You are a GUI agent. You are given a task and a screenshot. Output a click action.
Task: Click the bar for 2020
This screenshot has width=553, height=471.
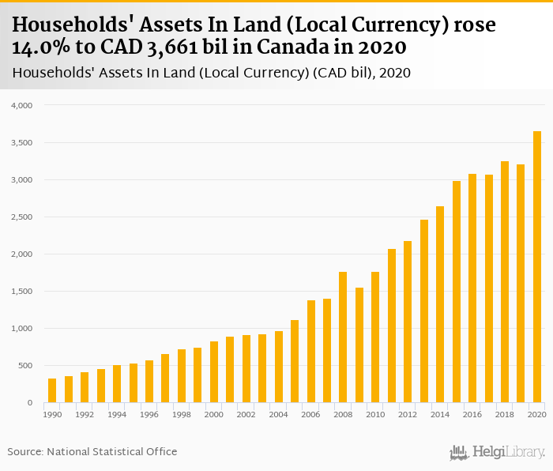pos(537,267)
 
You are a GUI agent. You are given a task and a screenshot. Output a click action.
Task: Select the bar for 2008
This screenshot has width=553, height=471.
pos(343,337)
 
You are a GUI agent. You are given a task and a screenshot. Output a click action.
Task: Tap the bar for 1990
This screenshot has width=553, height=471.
pos(52,390)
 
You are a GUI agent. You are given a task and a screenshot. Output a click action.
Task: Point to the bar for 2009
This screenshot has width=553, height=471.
pos(359,345)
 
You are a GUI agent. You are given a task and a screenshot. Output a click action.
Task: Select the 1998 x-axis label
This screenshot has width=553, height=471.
pos(182,414)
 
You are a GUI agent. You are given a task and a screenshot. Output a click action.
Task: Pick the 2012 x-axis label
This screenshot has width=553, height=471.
pos(408,414)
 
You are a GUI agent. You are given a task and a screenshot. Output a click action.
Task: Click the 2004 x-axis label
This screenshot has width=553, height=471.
pos(278,414)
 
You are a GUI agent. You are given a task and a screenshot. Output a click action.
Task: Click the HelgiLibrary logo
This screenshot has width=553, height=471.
pos(497,452)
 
